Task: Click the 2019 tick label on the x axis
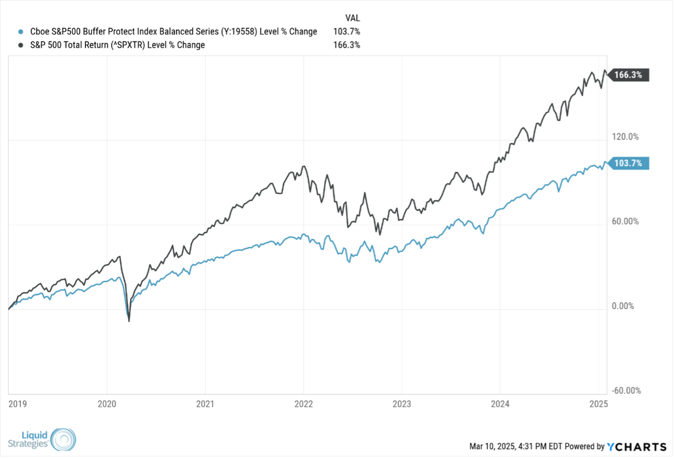17,403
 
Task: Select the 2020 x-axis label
107,403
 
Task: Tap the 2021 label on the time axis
205,403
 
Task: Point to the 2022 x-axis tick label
303,403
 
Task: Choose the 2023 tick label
402,403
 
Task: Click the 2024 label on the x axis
500,403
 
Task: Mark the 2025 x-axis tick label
598,403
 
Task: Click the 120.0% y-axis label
625,137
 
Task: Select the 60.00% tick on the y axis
625,221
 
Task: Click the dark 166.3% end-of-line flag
628,75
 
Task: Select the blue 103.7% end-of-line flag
628,163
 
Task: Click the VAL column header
353,18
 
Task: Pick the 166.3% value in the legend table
346,45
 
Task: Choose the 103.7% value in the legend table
346,32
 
